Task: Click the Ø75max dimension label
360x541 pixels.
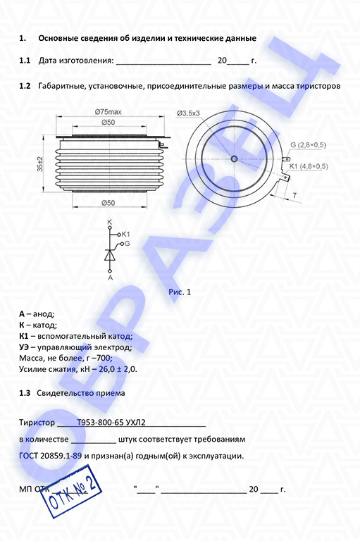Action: point(108,112)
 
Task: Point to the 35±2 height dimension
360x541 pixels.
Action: point(40,164)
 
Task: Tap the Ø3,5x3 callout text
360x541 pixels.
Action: point(189,113)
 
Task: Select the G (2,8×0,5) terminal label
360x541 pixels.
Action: point(308,145)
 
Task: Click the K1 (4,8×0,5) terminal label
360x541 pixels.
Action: point(309,167)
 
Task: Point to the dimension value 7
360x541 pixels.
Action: point(294,195)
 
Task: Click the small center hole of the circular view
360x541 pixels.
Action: point(235,158)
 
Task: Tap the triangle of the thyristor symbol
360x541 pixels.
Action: point(110,255)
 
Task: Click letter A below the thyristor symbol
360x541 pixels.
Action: point(110,278)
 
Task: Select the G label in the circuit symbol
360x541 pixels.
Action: point(127,244)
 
